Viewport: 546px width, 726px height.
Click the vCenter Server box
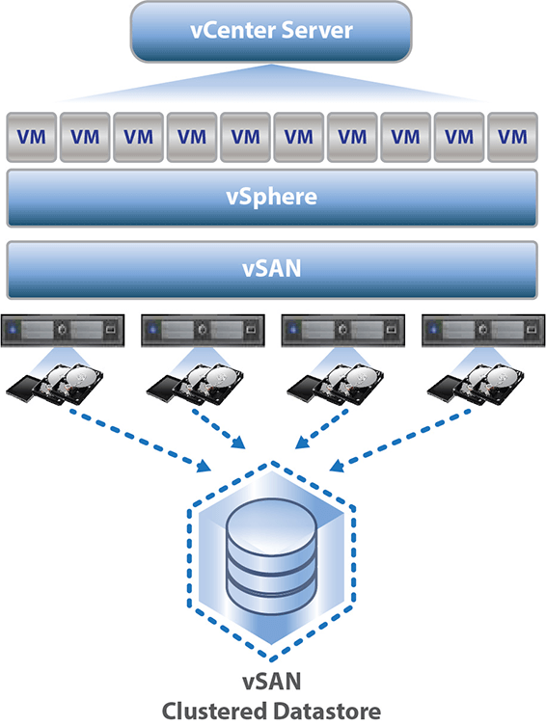272,31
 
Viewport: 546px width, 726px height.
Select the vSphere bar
272,198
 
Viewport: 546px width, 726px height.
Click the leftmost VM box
31,138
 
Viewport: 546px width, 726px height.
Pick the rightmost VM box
512,138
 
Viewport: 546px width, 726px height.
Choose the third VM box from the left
138,138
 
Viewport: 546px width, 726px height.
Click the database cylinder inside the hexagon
272,559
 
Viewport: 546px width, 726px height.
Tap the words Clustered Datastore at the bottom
272,711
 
